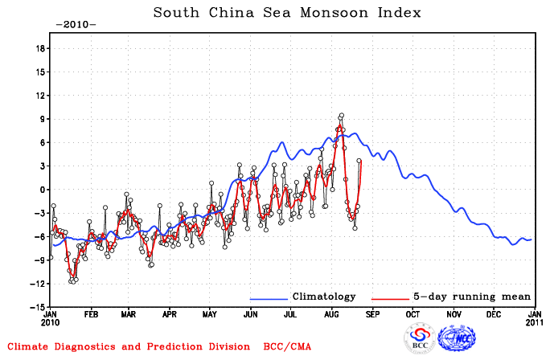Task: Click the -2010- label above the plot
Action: [76, 24]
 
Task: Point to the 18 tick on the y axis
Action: [40, 48]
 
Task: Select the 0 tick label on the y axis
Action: [43, 190]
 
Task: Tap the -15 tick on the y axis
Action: [39, 307]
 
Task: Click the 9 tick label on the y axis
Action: [43, 119]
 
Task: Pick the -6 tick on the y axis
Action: [40, 236]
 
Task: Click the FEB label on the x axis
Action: [91, 316]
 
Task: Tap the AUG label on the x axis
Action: [332, 316]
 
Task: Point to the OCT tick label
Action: [413, 316]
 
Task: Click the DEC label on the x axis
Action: [495, 316]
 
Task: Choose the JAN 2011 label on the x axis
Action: [535, 321]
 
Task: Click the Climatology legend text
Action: [323, 297]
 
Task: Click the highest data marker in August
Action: [342, 115]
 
